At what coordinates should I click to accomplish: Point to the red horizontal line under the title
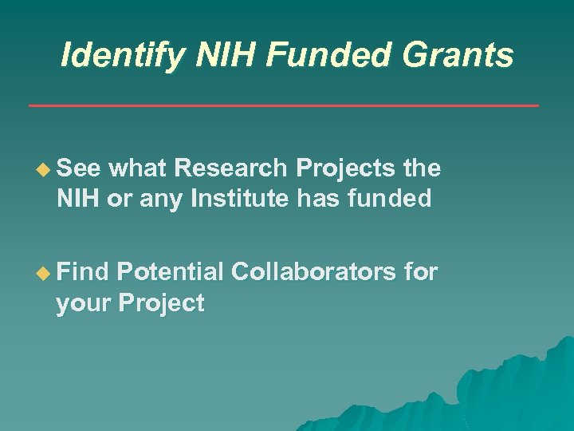click(283, 105)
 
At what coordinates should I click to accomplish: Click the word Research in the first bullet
click(232, 168)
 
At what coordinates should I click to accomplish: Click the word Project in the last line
click(160, 303)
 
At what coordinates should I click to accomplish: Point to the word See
click(78, 168)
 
